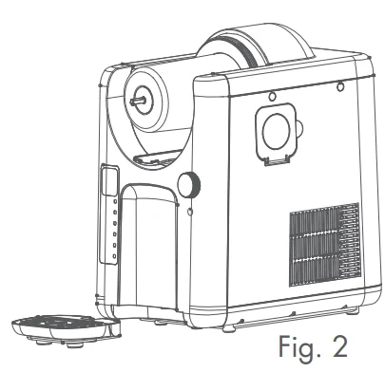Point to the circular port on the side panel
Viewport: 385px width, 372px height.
click(278, 131)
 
